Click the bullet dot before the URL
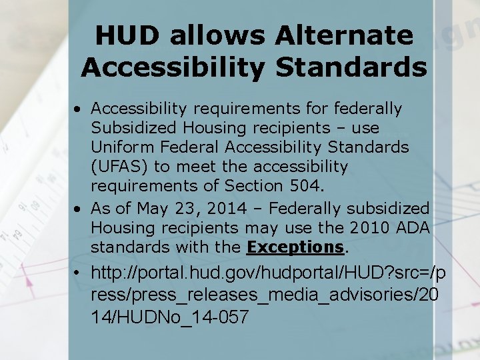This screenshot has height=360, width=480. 79,273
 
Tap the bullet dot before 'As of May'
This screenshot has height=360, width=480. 79,209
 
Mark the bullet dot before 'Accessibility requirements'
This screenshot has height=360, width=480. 79,109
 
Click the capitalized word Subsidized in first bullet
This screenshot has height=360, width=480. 133,127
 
